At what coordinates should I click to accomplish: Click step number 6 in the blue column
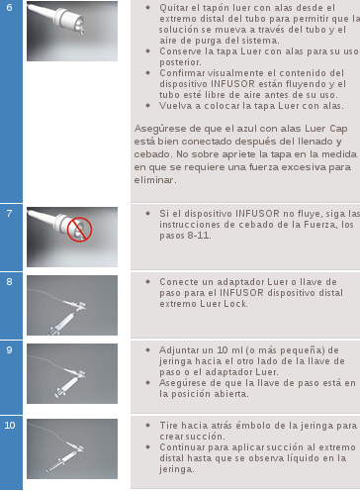(9, 7)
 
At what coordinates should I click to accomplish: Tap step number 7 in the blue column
(9, 213)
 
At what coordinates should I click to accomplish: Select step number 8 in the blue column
(9, 281)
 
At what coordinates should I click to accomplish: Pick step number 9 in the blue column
(9, 349)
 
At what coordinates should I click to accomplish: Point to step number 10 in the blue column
(10, 425)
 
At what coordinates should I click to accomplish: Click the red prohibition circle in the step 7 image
(79, 230)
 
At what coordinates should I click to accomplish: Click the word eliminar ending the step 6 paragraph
(154, 180)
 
